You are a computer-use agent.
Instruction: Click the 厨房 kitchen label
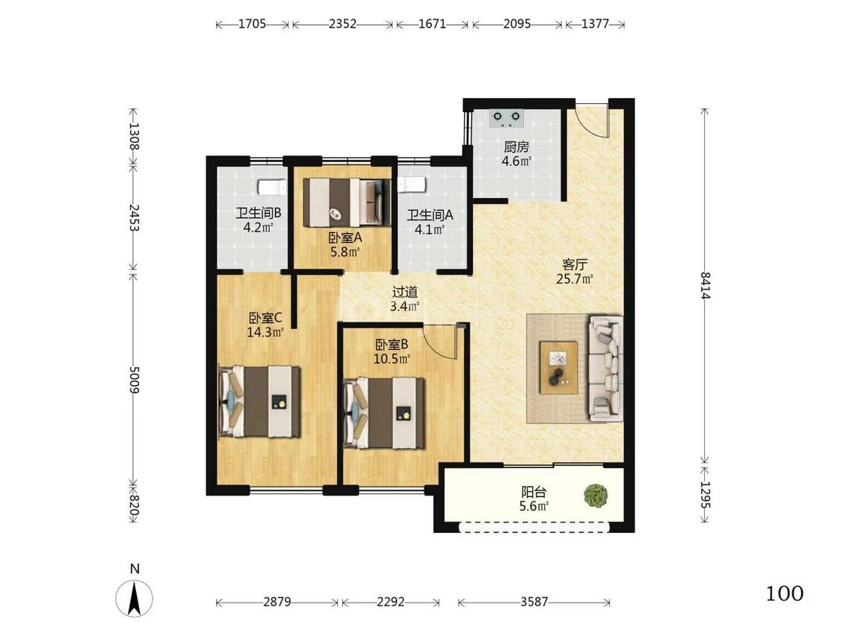[517, 147]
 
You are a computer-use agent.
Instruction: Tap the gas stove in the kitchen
[507, 118]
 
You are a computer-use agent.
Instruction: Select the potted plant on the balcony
[596, 495]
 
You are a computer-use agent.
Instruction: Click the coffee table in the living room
[559, 368]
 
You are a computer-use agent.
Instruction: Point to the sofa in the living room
[606, 368]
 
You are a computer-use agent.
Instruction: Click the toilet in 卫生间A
[411, 185]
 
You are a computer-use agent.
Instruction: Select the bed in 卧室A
[346, 203]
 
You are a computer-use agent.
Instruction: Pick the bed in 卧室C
[259, 401]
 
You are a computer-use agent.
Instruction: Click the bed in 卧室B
[384, 413]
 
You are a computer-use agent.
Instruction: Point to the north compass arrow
[134, 598]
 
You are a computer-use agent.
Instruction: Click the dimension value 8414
[705, 286]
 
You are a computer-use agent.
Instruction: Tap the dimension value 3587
[535, 602]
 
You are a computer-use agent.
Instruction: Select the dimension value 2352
[342, 24]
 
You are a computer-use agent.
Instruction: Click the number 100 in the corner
[784, 594]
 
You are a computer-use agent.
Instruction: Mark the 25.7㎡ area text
[574, 279]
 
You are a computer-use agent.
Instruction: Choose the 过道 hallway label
[405, 292]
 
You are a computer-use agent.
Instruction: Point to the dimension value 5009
[134, 380]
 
